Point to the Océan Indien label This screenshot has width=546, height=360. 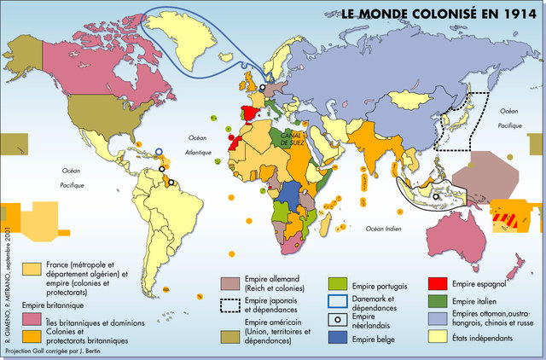[x=385, y=228]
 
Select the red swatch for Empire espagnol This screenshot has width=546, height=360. [x=439, y=284]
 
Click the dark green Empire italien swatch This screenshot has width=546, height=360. [x=439, y=301]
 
